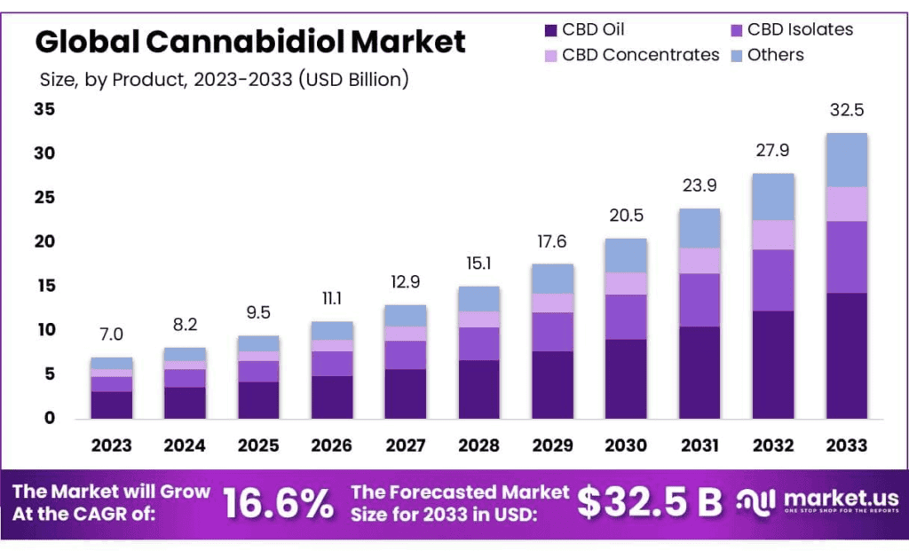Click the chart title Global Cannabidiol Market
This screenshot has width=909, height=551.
click(250, 41)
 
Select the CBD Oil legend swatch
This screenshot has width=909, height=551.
click(549, 30)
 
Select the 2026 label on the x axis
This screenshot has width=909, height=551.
click(331, 445)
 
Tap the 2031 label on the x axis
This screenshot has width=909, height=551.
click(700, 445)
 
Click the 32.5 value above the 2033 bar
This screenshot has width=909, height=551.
click(846, 111)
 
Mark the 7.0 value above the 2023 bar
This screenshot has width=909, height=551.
click(111, 335)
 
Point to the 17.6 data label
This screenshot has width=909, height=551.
click(552, 241)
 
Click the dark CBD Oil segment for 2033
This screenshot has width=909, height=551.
click(846, 355)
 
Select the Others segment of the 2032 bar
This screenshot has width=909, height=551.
click(772, 197)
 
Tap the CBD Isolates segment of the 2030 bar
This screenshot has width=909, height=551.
click(626, 317)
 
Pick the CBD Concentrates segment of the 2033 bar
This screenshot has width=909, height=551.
click(846, 204)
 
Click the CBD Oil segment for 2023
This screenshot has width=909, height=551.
click(111, 405)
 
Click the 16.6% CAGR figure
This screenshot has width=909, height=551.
click(278, 503)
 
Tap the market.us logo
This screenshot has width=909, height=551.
click(818, 502)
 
